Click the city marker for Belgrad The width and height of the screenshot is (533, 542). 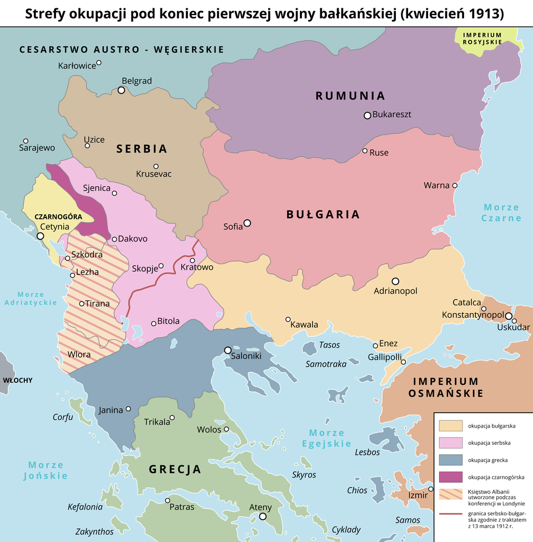point(122,90)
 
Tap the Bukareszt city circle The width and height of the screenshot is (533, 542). point(367,116)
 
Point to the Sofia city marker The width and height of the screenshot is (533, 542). point(247,223)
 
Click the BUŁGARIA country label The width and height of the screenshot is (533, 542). point(323,214)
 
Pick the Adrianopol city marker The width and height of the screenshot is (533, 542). point(395,281)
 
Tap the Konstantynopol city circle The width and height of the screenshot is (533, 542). point(509,315)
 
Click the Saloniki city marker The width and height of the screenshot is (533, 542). point(228,350)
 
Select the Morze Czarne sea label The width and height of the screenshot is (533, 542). point(501,213)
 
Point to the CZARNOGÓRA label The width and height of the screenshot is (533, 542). point(58,217)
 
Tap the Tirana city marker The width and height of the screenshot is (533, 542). point(82,304)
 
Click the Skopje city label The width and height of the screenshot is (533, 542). point(145,269)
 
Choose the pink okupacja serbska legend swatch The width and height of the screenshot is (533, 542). point(450,443)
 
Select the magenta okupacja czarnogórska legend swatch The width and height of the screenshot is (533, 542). point(450,476)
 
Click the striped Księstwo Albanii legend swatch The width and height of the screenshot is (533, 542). point(450,494)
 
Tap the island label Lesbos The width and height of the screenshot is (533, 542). point(367,452)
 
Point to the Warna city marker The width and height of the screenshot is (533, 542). point(455,185)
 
